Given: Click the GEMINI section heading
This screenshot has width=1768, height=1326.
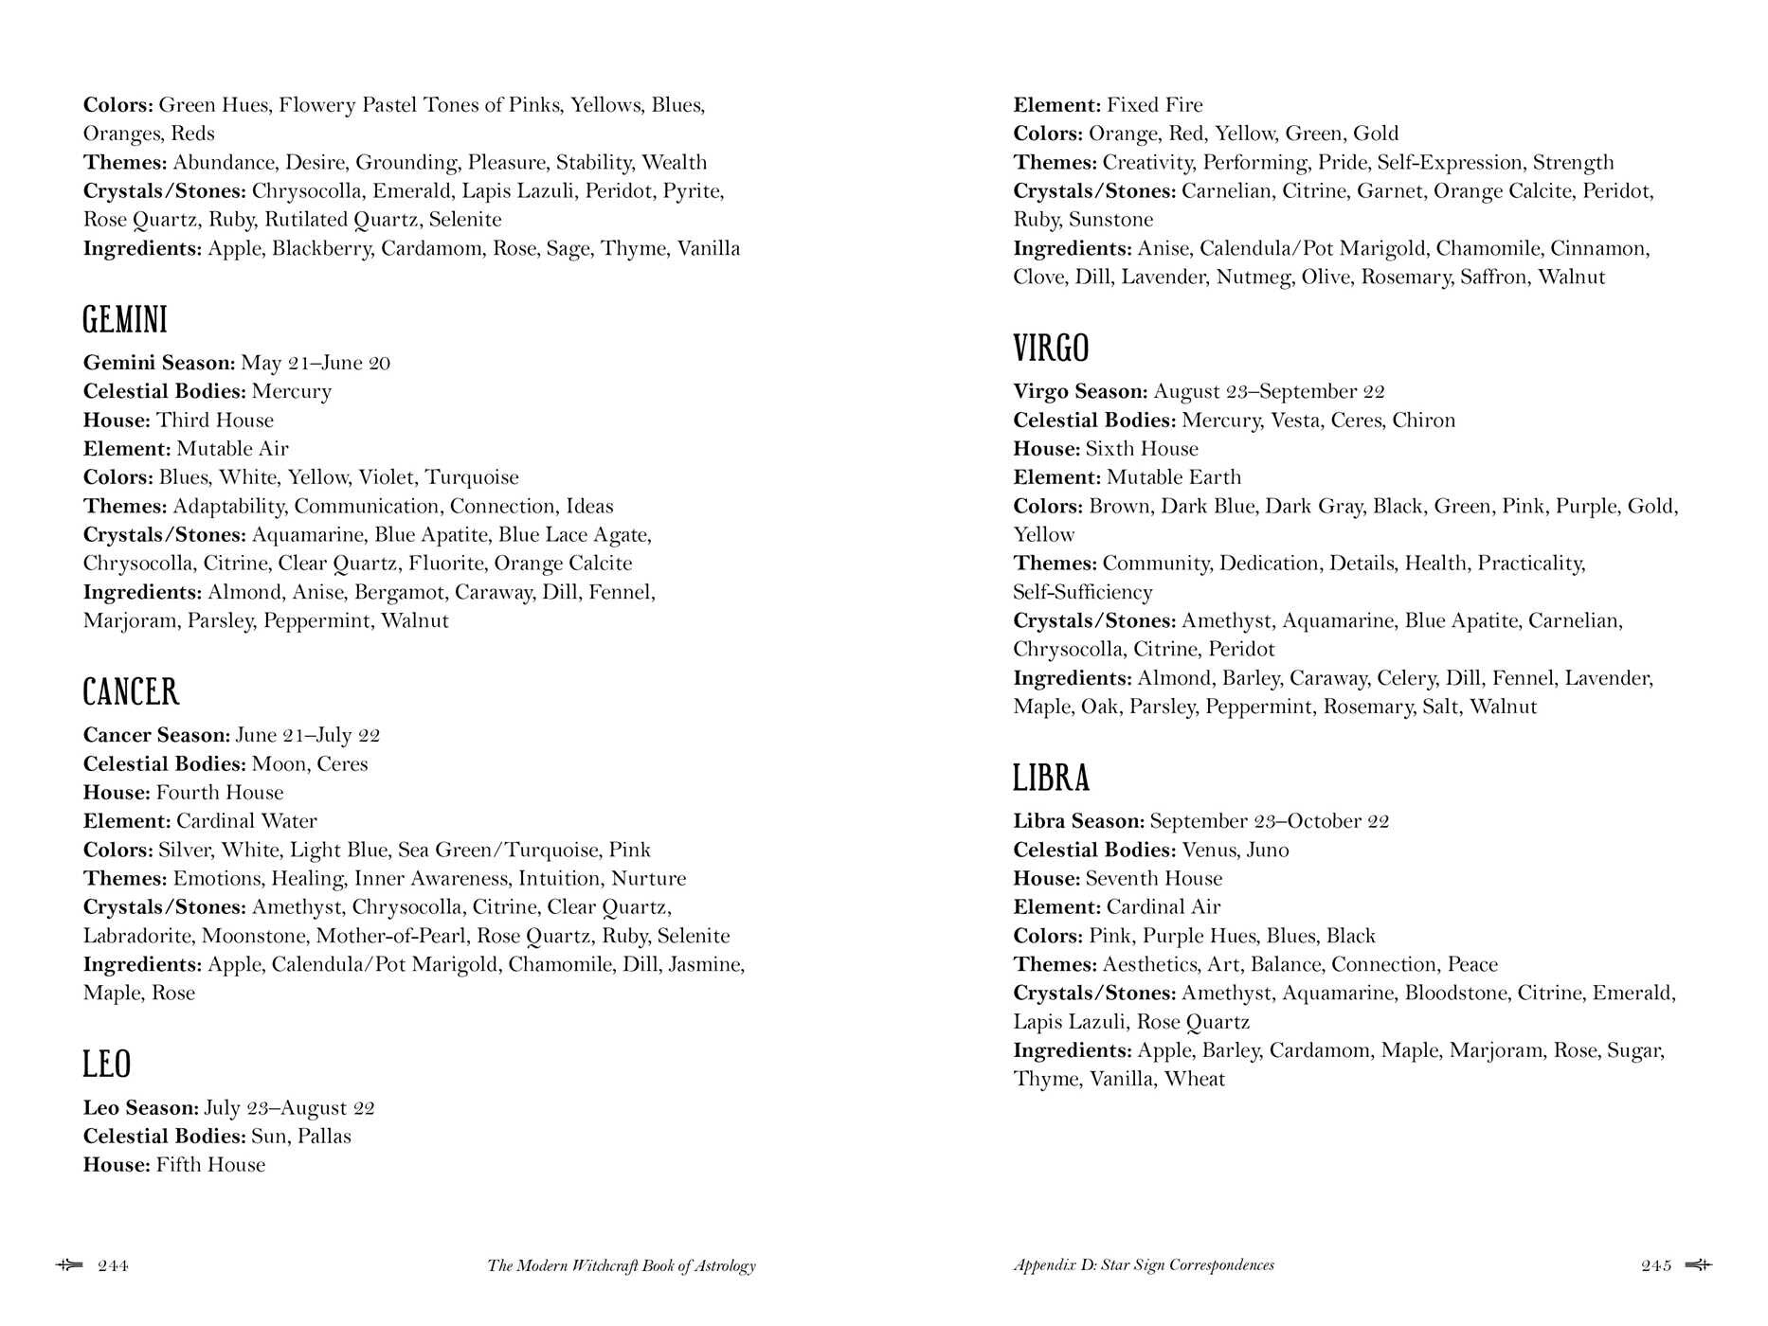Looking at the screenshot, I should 125,320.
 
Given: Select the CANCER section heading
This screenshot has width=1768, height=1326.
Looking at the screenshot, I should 131,692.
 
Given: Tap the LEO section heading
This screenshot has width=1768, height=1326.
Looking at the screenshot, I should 107,1065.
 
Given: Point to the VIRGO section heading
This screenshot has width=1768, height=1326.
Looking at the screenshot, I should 1051,349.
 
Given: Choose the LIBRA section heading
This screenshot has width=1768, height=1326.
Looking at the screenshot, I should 1051,779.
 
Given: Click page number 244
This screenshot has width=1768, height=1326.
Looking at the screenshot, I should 113,1265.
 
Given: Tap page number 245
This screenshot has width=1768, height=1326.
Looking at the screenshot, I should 1656,1265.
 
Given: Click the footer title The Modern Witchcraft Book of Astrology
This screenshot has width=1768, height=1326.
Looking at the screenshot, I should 622,1265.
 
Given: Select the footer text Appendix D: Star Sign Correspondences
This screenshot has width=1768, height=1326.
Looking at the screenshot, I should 1144,1265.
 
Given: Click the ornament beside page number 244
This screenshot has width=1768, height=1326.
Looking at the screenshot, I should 70,1264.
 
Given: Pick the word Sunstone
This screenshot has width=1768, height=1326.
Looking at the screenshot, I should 1110,220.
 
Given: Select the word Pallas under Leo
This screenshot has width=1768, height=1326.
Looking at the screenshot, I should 324,1137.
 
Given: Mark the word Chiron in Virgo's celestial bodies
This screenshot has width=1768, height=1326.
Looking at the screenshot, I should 1423,421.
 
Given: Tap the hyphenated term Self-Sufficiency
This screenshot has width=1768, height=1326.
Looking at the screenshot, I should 1083,593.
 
